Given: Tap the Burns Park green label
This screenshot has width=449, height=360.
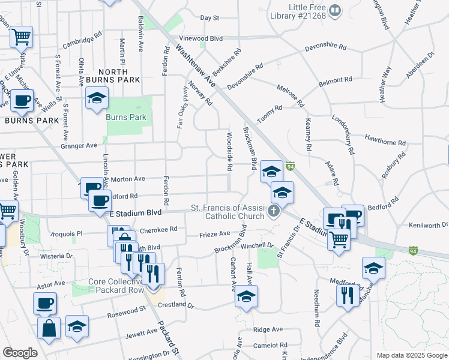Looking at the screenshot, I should point(125,117).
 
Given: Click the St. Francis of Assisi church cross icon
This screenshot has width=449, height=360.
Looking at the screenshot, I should point(274,211).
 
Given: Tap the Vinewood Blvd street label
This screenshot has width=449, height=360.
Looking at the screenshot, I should point(201,38).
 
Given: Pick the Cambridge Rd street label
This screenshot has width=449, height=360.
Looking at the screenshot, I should point(79,41).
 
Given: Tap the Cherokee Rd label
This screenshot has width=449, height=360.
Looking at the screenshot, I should point(158,230).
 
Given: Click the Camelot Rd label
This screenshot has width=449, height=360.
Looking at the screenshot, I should point(270,345).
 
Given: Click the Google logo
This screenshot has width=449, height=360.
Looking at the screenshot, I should point(20,353).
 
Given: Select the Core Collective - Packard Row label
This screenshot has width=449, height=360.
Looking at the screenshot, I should point(116,286).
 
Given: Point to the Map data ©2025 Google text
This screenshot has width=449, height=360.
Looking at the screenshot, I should point(411,355).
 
